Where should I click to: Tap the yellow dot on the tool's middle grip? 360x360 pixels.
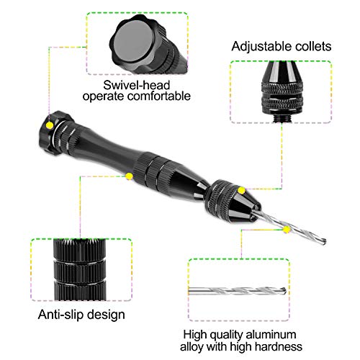tap(129, 176)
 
